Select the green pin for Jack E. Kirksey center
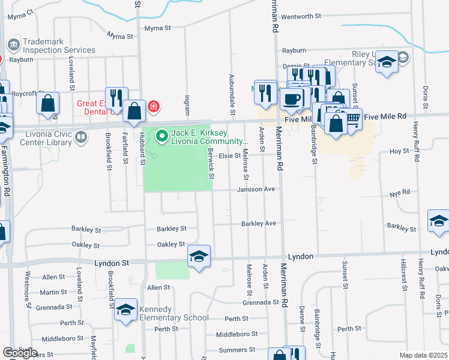tap(161, 137)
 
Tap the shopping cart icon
tap(353, 119)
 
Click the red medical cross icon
tap(154, 106)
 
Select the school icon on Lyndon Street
tap(199, 257)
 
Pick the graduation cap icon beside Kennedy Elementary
tap(125, 310)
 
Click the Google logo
tap(20, 353)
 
